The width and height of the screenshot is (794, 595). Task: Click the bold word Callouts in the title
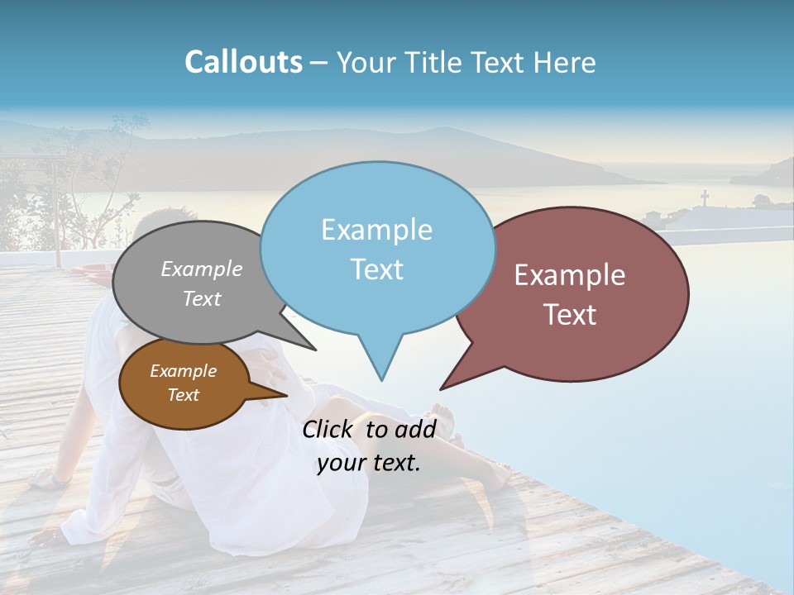(243, 62)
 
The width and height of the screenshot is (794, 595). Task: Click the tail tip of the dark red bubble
(442, 388)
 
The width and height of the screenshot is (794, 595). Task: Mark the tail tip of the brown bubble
(286, 396)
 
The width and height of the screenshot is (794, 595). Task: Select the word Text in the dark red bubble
(570, 315)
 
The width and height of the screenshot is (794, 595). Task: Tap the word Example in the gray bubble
(202, 269)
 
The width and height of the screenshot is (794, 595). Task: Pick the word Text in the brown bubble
(183, 395)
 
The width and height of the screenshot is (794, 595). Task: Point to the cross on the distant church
(705, 198)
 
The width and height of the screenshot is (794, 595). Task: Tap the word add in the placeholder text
(415, 429)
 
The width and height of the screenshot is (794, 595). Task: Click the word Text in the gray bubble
(202, 298)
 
